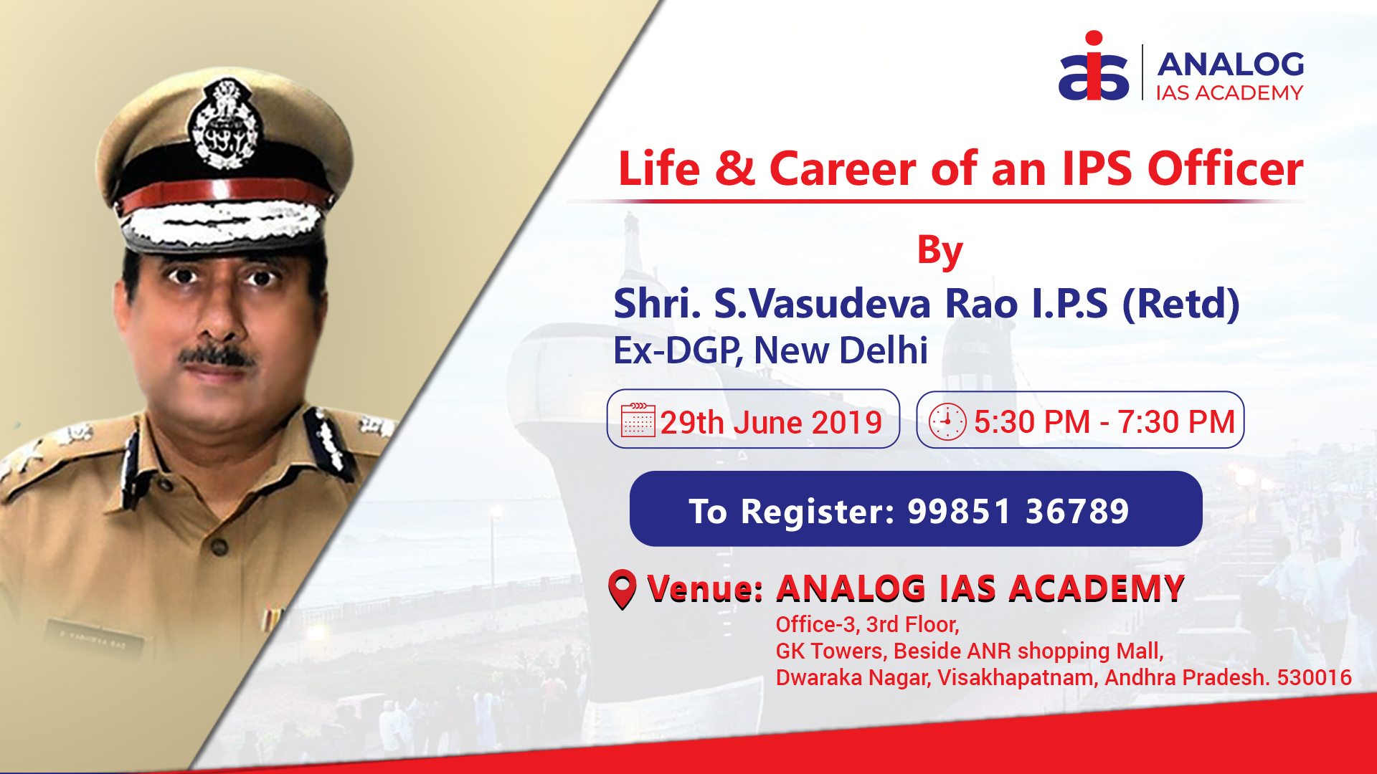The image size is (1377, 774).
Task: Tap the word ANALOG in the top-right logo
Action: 1230,64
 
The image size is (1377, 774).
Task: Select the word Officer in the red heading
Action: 1225,169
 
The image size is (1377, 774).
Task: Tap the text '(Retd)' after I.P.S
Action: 1180,304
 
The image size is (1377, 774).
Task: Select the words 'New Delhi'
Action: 841,350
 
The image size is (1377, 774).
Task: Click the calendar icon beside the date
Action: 638,420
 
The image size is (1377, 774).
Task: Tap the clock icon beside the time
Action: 947,421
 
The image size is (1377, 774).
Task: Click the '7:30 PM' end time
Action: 1176,421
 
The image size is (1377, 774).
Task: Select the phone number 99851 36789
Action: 1018,511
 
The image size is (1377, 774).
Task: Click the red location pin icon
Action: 622,588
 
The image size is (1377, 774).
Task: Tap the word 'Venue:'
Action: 704,588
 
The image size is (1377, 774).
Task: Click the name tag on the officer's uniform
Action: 94,639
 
